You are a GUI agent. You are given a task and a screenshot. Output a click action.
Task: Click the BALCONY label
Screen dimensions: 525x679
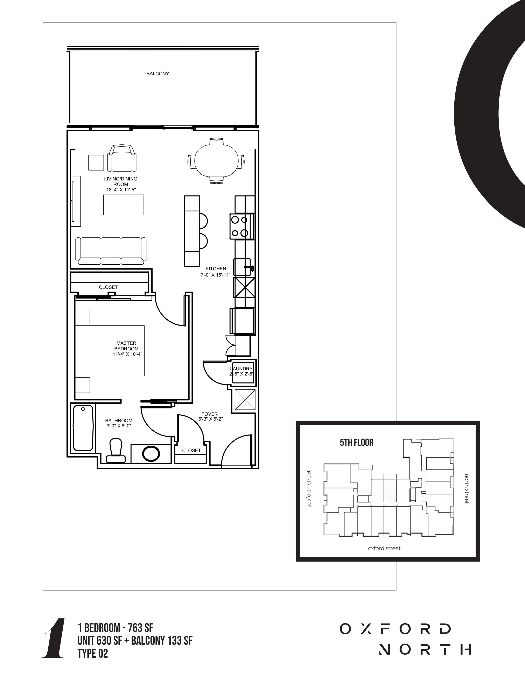[x=158, y=74]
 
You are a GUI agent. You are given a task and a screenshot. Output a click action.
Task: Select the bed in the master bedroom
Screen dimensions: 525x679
[x=111, y=351]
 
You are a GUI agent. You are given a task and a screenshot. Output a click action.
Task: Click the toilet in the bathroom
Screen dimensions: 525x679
[x=116, y=450]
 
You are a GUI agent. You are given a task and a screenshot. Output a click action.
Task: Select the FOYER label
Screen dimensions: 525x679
[x=209, y=414]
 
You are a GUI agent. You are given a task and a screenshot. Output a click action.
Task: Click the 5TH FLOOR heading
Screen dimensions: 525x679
[x=356, y=442]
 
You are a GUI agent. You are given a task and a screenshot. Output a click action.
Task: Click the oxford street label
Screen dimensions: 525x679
[x=384, y=548]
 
